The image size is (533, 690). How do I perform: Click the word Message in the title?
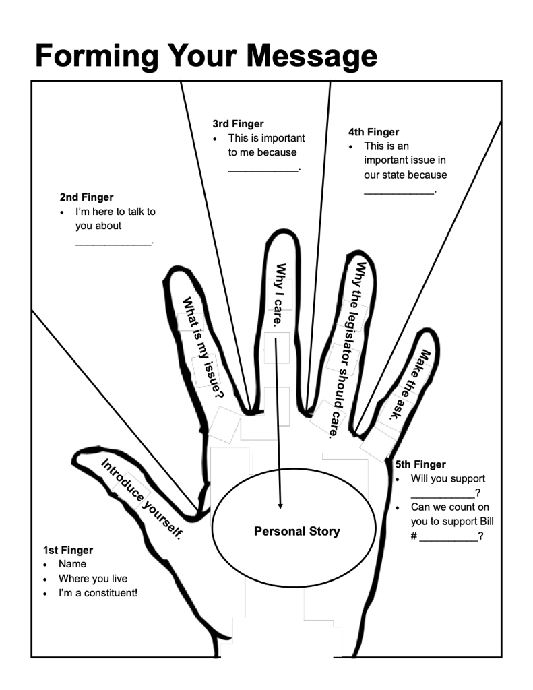312,56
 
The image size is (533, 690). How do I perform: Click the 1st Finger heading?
68,551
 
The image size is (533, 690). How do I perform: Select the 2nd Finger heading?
86,197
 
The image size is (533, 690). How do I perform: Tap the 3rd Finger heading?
238,124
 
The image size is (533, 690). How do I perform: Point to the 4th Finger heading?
373,132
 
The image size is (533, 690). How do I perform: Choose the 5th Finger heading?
420,464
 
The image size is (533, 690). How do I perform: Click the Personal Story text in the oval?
296,532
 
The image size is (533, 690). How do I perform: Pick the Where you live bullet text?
93,579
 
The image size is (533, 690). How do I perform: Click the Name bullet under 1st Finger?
72,564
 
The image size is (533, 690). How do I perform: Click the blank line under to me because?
263,170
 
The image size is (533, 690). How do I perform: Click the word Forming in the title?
95,56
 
